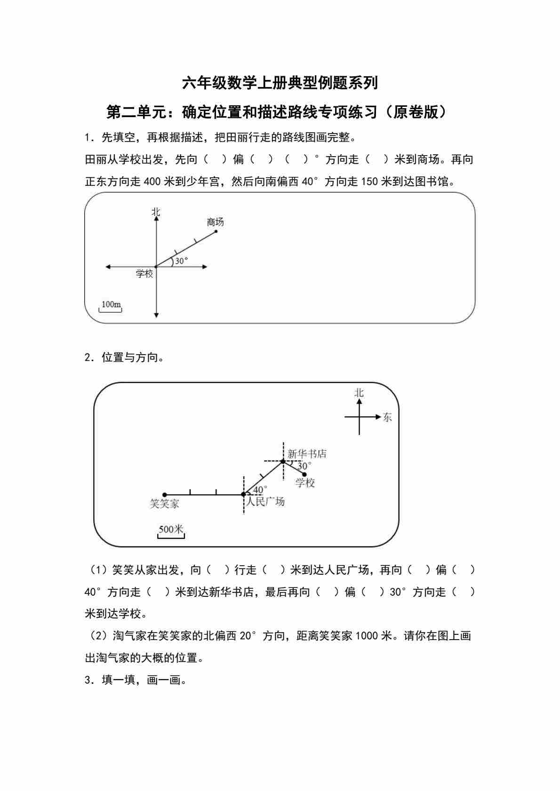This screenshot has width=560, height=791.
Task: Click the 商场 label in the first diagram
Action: [x=215, y=222]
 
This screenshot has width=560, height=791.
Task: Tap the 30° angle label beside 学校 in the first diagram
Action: [x=181, y=261]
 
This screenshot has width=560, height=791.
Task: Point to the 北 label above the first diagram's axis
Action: [x=156, y=212]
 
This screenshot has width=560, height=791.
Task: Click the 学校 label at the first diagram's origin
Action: [x=144, y=274]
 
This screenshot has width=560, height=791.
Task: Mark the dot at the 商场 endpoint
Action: [x=216, y=231]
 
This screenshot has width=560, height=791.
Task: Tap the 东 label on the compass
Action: [x=387, y=417]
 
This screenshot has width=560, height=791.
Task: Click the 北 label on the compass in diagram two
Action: [x=359, y=393]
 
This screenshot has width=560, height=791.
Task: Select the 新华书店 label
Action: [x=306, y=454]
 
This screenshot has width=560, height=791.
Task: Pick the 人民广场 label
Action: [x=265, y=502]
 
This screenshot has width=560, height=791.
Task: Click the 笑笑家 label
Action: [x=164, y=504]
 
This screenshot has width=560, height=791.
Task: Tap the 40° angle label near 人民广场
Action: [x=260, y=490]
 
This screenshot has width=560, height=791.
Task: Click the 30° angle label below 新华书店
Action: [x=304, y=466]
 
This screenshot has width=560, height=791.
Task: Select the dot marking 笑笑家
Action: [x=164, y=495]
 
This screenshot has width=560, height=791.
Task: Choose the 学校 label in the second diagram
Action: [x=305, y=483]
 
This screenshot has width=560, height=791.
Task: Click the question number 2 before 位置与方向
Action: [x=88, y=357]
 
